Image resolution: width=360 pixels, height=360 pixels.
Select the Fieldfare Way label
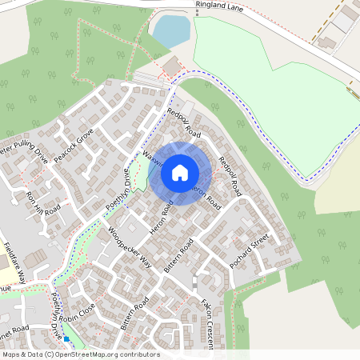click(15, 263)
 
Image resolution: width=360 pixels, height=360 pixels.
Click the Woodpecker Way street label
click(129, 250)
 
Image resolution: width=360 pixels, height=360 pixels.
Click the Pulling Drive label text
click(28, 151)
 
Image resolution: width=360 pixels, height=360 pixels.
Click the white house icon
click(180, 173)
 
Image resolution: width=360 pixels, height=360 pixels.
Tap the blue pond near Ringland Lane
click(172, 31)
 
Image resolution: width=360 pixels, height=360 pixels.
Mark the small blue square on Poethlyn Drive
click(66, 338)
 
